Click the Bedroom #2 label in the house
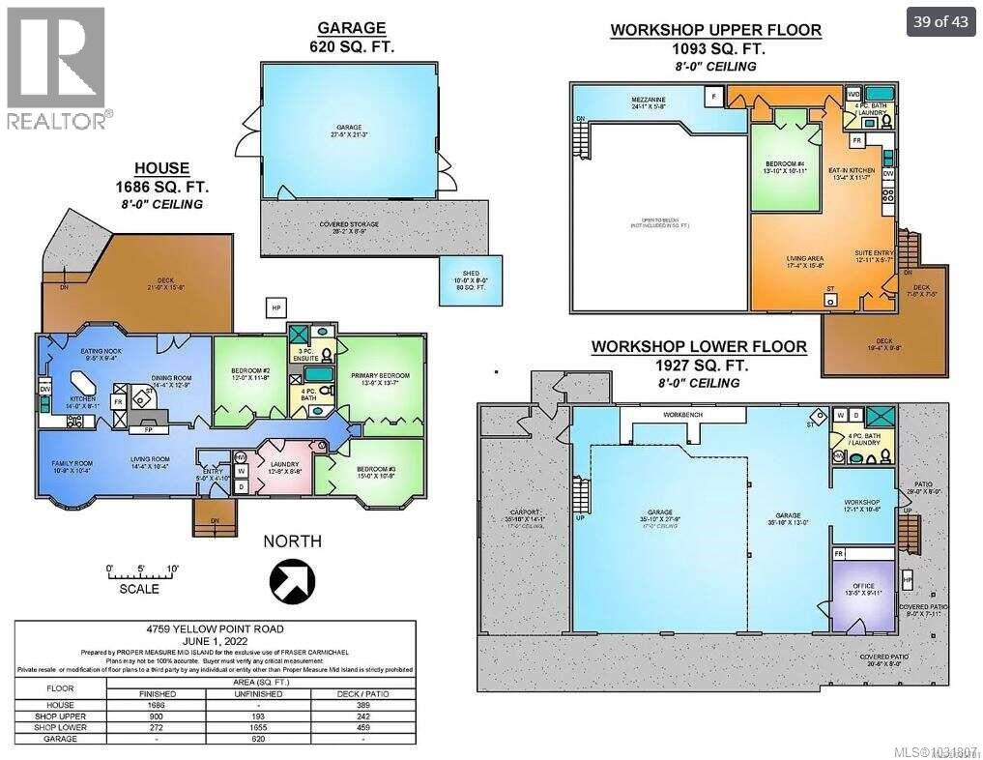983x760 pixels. pos(248,376)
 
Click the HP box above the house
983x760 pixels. pos(276,307)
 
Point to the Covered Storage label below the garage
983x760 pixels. pos(347,224)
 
